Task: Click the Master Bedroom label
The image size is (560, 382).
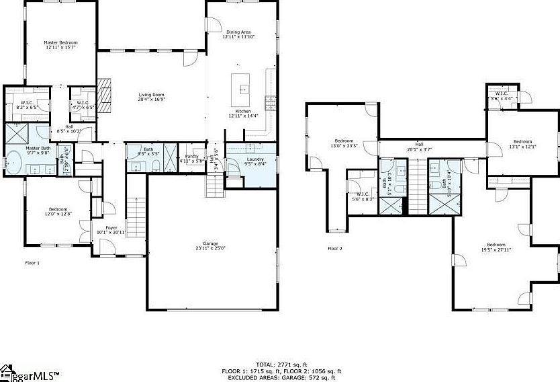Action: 61,42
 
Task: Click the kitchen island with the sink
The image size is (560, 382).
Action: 242,85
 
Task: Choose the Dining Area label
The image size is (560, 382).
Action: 238,32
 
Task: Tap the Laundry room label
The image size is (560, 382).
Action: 254,159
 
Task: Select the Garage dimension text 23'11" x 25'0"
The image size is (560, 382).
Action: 211,247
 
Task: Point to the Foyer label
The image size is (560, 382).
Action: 111,228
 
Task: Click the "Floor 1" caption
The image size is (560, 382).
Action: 33,262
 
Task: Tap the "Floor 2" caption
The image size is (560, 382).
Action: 335,248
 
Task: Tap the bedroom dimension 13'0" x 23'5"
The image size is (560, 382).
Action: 344,145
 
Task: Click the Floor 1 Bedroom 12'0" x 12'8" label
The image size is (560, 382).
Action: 58,211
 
